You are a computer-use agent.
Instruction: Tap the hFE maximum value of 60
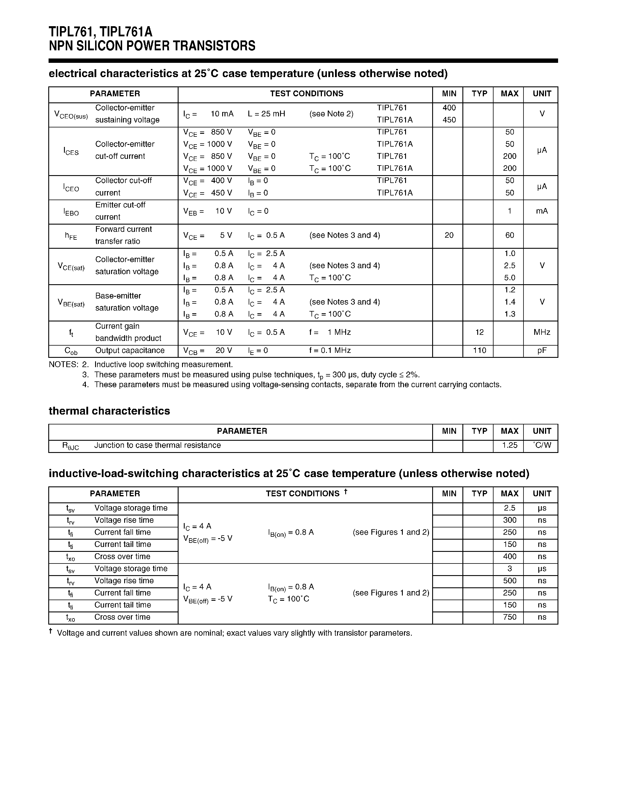[x=509, y=235]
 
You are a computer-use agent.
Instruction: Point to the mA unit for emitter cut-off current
[x=542, y=211]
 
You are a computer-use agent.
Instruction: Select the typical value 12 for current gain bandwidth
[x=479, y=332]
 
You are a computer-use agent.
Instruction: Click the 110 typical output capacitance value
[x=479, y=350]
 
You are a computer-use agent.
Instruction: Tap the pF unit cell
[x=542, y=351]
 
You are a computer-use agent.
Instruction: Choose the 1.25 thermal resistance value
[x=509, y=445]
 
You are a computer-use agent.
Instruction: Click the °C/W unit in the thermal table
[x=542, y=445]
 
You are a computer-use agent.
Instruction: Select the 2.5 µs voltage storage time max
[x=509, y=508]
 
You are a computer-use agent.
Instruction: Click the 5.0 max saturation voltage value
[x=509, y=278]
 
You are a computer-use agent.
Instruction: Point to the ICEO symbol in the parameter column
[x=71, y=188]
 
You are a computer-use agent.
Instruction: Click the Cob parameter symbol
[x=71, y=351]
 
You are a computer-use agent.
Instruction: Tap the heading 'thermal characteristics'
[x=109, y=411]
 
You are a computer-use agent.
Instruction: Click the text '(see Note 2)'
[x=331, y=114]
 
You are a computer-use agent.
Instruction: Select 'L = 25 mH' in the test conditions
[x=266, y=114]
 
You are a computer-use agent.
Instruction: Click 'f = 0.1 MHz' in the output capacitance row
[x=330, y=351]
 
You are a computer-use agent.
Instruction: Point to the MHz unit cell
[x=542, y=332]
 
